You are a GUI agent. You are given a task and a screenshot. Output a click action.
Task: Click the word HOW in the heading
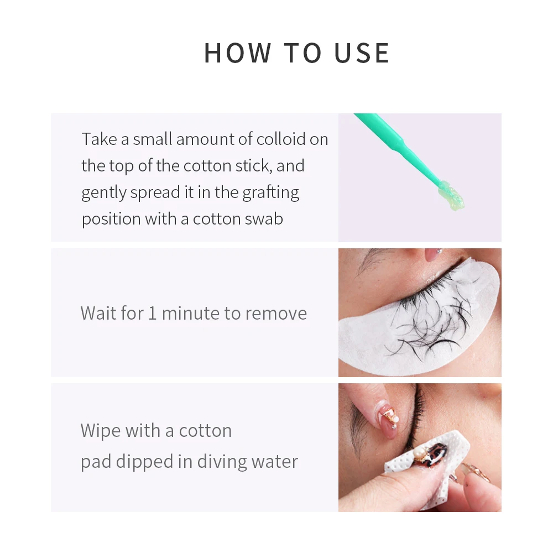[237, 53]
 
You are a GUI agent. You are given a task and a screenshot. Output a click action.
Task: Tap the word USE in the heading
[362, 53]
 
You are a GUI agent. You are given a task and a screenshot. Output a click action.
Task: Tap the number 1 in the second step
[152, 313]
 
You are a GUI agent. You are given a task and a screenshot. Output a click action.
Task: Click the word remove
[275, 313]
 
